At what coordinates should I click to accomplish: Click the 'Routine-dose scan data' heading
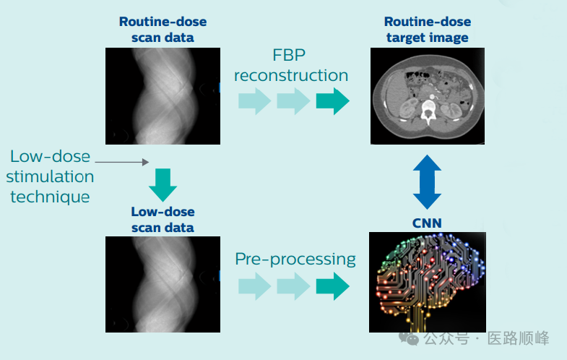163,29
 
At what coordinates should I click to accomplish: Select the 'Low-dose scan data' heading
163,220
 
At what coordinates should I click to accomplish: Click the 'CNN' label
426,223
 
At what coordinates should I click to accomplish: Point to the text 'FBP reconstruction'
290,66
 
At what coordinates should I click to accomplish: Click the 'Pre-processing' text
295,259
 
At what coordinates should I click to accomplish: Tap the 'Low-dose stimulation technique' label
51,176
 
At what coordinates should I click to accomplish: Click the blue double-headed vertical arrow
426,181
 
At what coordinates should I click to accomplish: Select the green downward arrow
163,184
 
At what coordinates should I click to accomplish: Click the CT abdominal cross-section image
427,97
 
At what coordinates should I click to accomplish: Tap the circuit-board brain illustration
427,282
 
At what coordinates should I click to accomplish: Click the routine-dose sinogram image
163,96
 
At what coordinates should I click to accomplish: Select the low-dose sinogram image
163,284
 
